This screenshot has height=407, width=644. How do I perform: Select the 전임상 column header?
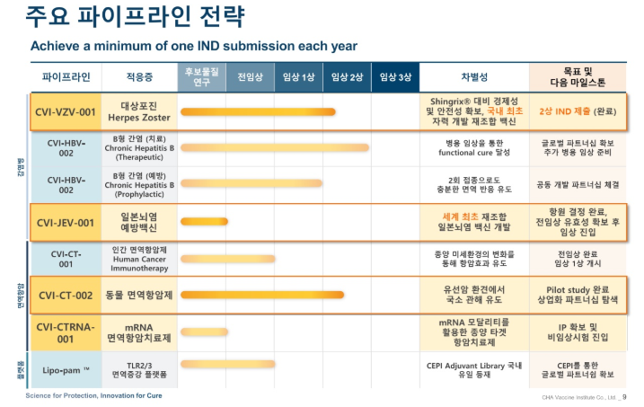[x=250, y=77]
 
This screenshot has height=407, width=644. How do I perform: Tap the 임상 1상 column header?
[x=298, y=77]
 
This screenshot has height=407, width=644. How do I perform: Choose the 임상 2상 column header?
[x=347, y=77]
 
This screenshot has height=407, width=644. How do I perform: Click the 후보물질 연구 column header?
[x=201, y=77]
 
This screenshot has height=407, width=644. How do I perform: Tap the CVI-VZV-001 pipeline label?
[x=65, y=112]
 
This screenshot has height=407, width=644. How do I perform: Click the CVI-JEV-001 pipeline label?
[x=65, y=222]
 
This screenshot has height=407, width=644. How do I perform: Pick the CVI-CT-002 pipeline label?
[x=65, y=295]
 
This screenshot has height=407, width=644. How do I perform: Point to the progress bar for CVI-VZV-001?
[x=270, y=112]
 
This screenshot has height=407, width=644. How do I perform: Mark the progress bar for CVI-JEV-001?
[x=204, y=222]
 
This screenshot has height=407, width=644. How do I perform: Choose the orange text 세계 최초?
[x=458, y=216]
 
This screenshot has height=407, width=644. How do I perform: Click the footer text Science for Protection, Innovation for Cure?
[x=93, y=396]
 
